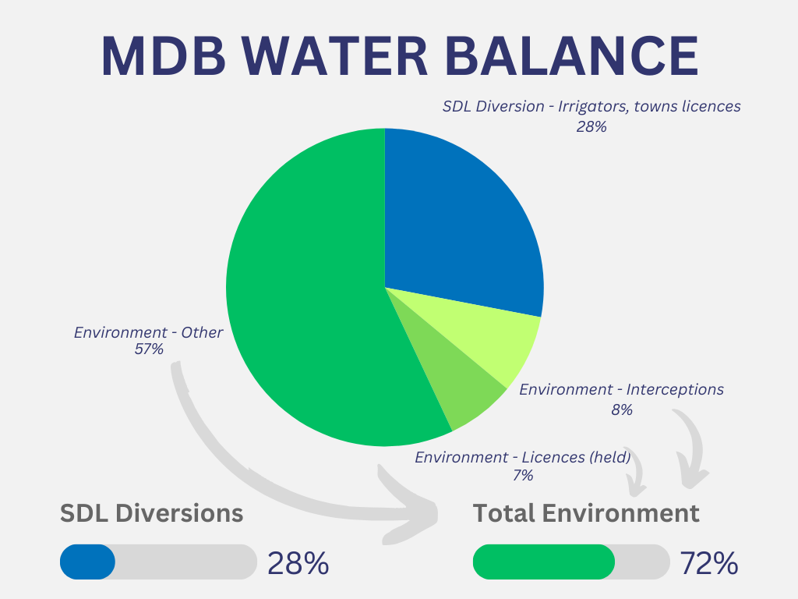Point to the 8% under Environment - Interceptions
[x=622, y=409]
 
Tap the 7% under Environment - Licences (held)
[x=522, y=475]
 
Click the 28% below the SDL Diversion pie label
[x=591, y=126]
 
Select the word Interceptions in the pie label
[x=675, y=389]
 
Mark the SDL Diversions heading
[x=152, y=513]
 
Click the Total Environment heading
[x=586, y=513]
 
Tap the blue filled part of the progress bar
[x=87, y=562]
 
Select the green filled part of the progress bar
[x=543, y=562]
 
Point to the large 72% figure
[x=708, y=562]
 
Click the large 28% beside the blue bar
[x=298, y=562]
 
